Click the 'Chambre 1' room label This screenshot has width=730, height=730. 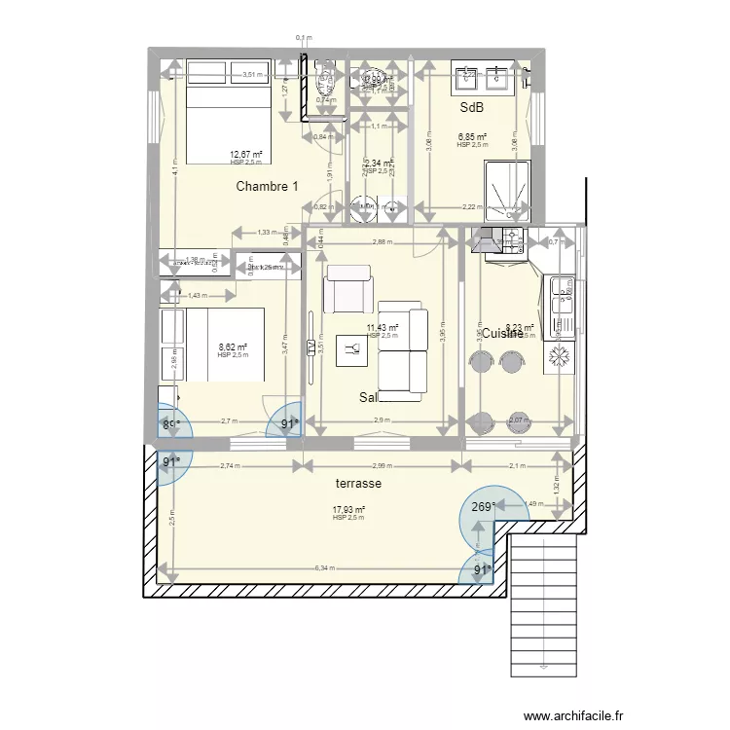pyautogui.click(x=267, y=186)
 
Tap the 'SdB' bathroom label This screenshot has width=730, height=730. pyautogui.click(x=472, y=108)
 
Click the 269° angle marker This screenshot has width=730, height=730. pyautogui.click(x=482, y=506)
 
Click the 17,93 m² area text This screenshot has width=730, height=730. pyautogui.click(x=347, y=509)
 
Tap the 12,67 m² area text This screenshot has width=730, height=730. pyautogui.click(x=245, y=154)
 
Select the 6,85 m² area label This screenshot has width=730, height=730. pyautogui.click(x=472, y=137)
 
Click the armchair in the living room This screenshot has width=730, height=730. pyautogui.click(x=347, y=289)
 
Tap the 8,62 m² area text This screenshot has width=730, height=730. pyautogui.click(x=232, y=347)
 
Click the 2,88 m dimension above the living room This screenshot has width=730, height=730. pyautogui.click(x=382, y=240)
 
